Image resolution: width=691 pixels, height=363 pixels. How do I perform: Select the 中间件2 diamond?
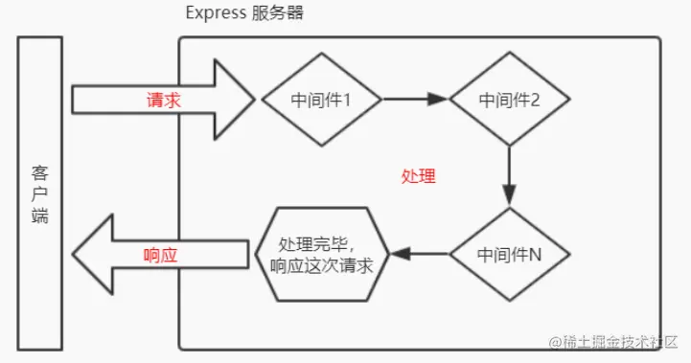click(x=509, y=99)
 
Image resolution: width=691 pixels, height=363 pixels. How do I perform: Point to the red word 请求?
click(x=163, y=100)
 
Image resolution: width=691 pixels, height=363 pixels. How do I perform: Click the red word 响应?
click(x=161, y=255)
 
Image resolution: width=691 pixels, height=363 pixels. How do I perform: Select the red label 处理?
click(x=419, y=176)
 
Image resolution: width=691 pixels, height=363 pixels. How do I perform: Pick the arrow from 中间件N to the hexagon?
click(x=422, y=255)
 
